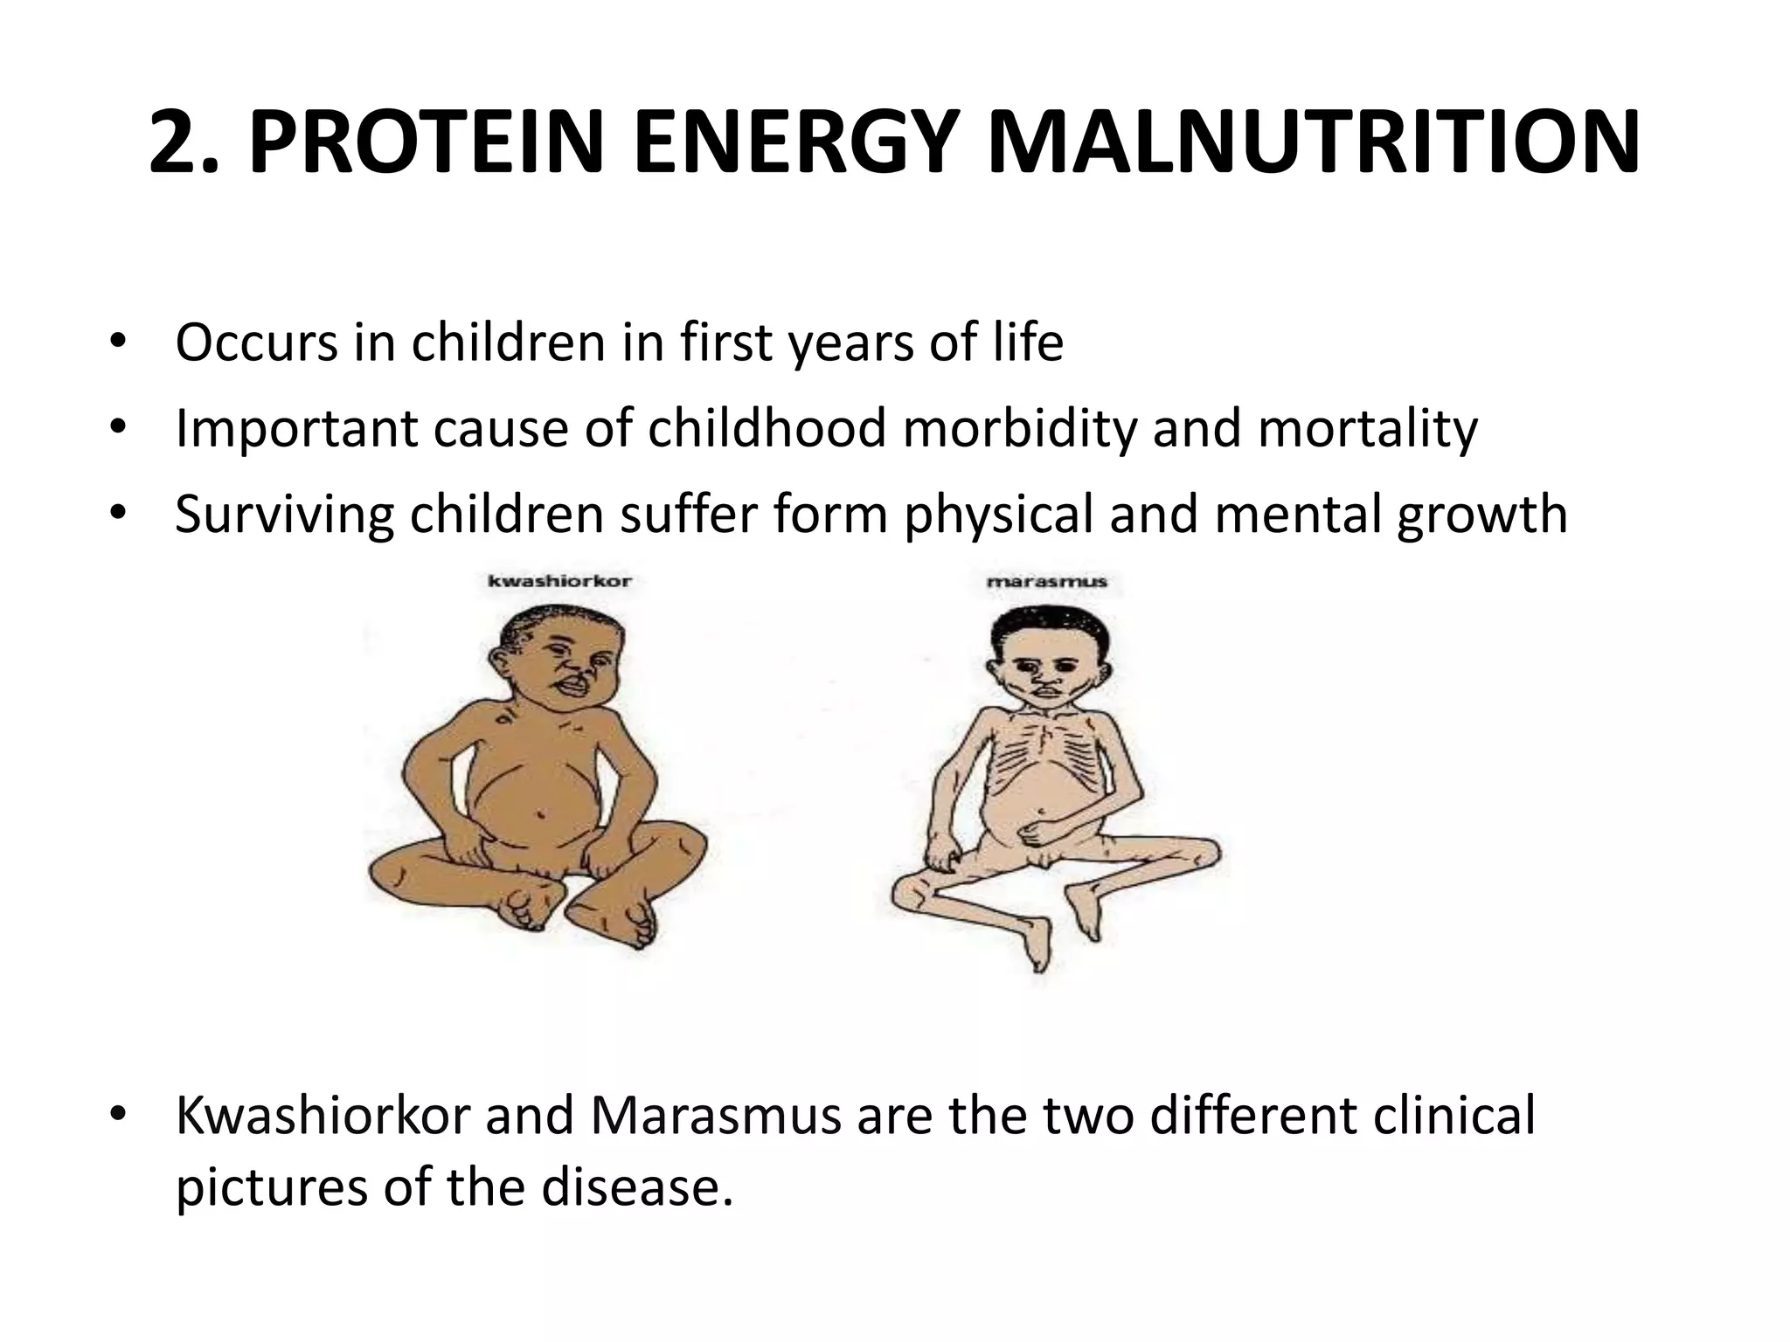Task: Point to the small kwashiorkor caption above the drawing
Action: [x=559, y=581]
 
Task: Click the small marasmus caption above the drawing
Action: [x=1046, y=581]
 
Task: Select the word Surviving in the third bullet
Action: [x=285, y=515]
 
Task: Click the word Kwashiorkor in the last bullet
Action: [x=323, y=1116]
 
